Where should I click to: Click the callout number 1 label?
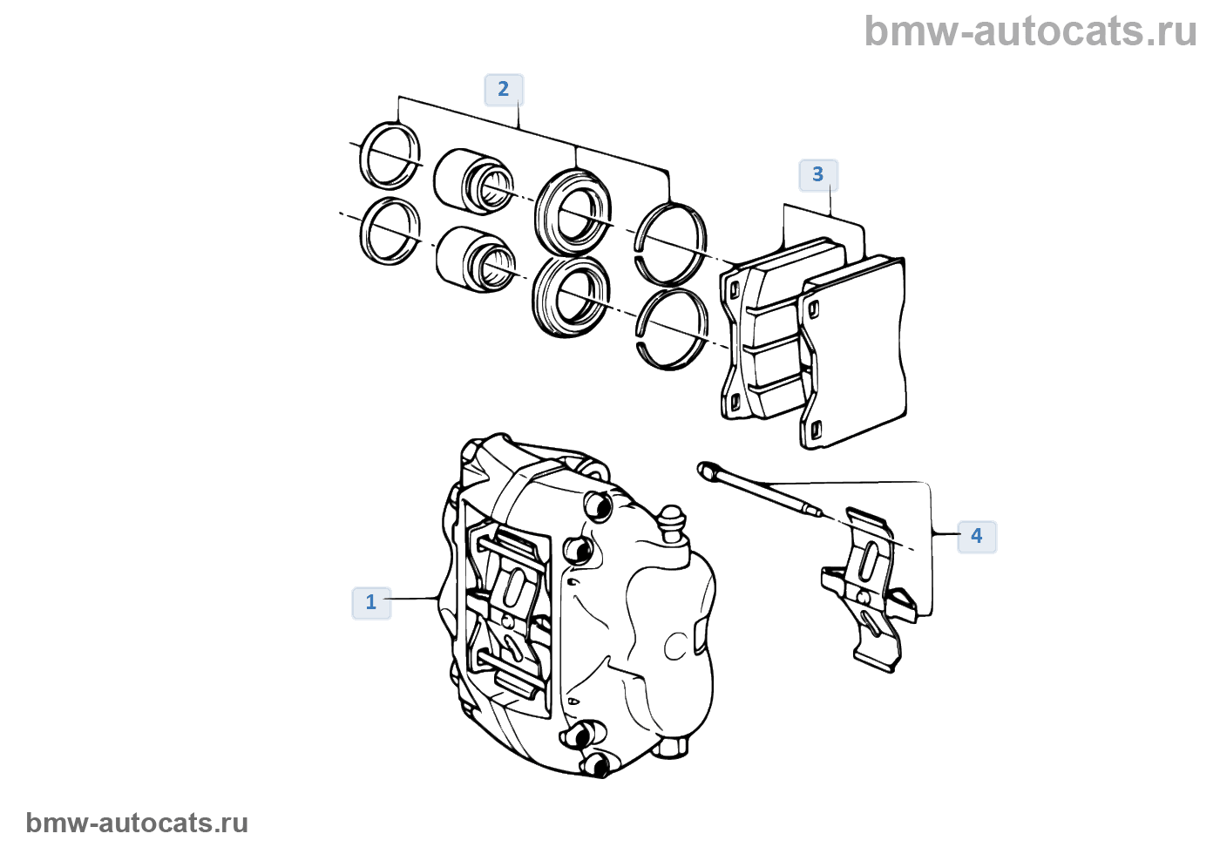(371, 603)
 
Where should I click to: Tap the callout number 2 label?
(504, 89)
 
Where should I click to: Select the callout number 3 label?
(818, 175)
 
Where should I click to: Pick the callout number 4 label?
(977, 537)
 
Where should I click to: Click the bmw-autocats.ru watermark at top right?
(1030, 31)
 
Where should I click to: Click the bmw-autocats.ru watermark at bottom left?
(137, 823)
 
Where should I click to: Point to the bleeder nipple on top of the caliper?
(673, 524)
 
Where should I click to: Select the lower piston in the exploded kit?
(475, 260)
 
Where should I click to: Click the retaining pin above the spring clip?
(760, 489)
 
